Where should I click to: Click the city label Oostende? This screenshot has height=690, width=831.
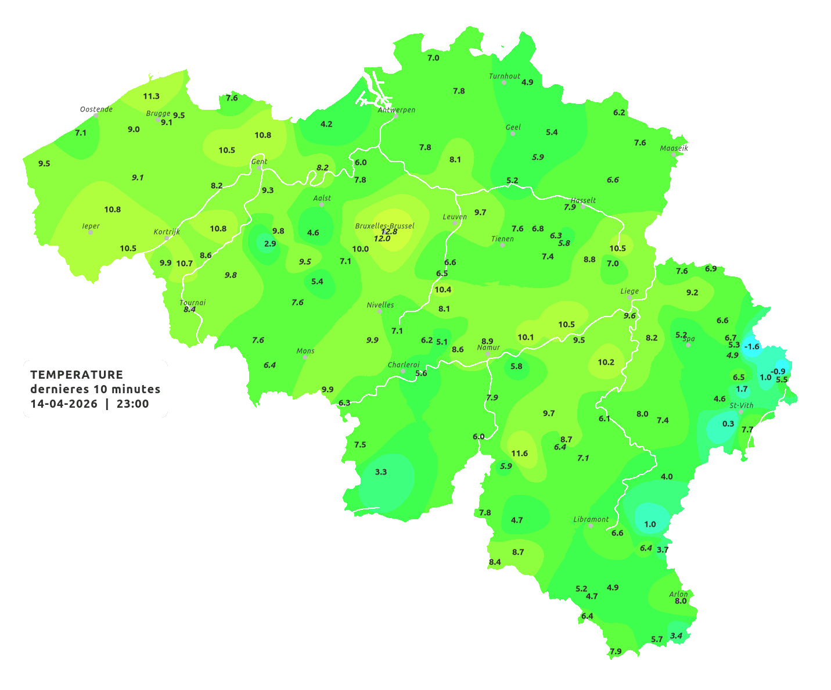pyautogui.click(x=96, y=109)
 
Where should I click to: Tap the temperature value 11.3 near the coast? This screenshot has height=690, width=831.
pyautogui.click(x=151, y=96)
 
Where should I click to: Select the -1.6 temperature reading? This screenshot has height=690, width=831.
pyautogui.click(x=752, y=346)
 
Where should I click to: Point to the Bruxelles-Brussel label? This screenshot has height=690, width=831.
pyautogui.click(x=384, y=225)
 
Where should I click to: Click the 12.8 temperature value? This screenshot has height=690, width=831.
pyautogui.click(x=389, y=232)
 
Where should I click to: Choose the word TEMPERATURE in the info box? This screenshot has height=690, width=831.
pyautogui.click(x=77, y=375)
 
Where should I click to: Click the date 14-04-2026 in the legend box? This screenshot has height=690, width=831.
pyautogui.click(x=64, y=404)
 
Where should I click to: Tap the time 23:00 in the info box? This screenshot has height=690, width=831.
pyautogui.click(x=133, y=404)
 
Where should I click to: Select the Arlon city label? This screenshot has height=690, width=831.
pyautogui.click(x=678, y=594)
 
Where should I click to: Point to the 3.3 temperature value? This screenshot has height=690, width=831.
pyautogui.click(x=381, y=472)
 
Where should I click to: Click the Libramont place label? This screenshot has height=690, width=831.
pyautogui.click(x=591, y=519)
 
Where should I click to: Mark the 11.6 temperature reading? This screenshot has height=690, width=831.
pyautogui.click(x=519, y=453)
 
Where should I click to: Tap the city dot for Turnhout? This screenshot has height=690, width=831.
pyautogui.click(x=504, y=82)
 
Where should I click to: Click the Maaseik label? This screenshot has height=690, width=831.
pyautogui.click(x=674, y=148)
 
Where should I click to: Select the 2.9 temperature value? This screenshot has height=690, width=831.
pyautogui.click(x=270, y=244)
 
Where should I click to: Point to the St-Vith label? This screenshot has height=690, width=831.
pyautogui.click(x=741, y=405)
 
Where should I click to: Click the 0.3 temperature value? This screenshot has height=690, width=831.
pyautogui.click(x=728, y=424)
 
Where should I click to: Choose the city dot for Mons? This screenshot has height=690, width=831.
pyautogui.click(x=305, y=357)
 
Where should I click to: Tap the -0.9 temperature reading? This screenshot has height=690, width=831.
pyautogui.click(x=778, y=372)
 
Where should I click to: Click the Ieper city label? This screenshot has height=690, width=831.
pyautogui.click(x=91, y=226)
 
